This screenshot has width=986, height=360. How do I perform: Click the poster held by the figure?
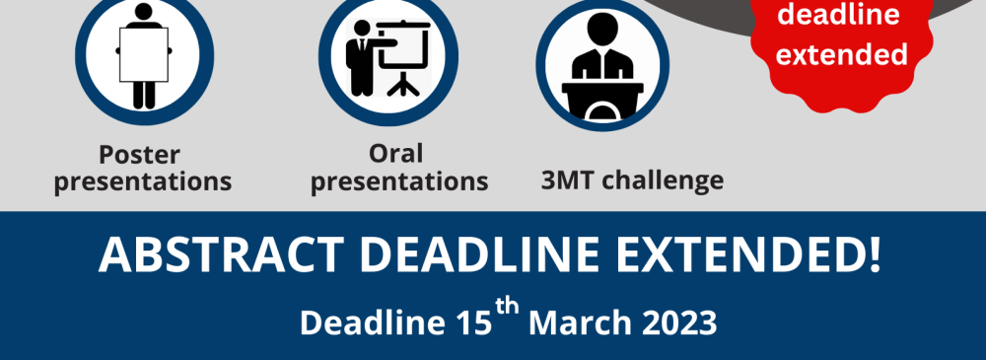point(144,55)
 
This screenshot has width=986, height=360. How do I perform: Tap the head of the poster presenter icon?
point(144,11)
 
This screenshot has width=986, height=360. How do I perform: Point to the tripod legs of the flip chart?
point(403,84)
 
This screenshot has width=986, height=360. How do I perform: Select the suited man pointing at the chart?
point(366,57)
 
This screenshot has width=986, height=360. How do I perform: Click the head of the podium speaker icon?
point(601,27)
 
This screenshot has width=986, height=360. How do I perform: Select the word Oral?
point(395,153)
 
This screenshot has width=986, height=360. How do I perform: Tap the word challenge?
point(662,181)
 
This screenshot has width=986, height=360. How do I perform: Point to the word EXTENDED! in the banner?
point(747,254)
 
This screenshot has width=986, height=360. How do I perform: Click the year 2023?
point(679,323)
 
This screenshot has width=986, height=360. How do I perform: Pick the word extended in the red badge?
point(841,53)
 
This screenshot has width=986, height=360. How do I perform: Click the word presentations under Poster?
point(143,182)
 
